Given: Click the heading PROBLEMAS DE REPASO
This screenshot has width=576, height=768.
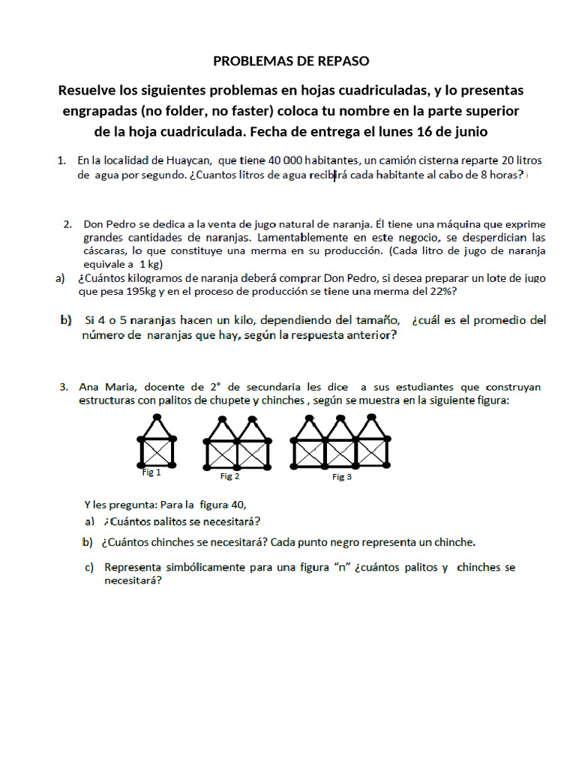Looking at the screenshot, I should pyautogui.click(x=292, y=61).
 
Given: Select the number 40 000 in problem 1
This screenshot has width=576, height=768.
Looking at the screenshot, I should pyautogui.click(x=282, y=160).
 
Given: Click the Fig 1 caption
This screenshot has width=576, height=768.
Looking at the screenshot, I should pyautogui.click(x=151, y=472).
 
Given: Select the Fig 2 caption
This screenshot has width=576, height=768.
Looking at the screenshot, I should pyautogui.click(x=230, y=476).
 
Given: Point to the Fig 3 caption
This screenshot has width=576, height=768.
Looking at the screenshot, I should pyautogui.click(x=342, y=477).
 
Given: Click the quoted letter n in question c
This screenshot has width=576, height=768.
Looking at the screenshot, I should pyautogui.click(x=342, y=568).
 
